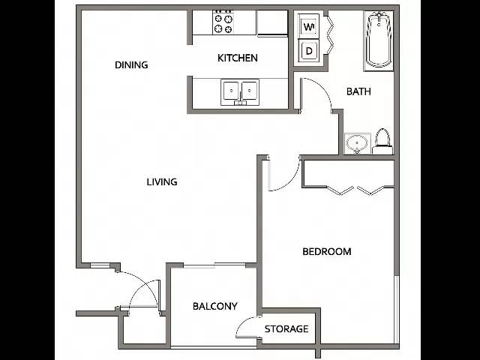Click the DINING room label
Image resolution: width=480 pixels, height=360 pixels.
[x=131, y=65]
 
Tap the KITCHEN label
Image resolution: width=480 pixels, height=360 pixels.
[x=238, y=58]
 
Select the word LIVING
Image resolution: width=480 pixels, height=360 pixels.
[x=162, y=181]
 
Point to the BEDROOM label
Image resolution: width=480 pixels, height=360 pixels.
[x=327, y=252]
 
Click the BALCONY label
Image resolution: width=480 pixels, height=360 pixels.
[x=215, y=306]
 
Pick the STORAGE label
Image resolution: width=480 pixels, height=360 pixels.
[x=286, y=328]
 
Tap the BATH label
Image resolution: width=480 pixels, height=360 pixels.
[x=358, y=91]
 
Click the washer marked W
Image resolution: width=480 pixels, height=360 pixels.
[x=309, y=27]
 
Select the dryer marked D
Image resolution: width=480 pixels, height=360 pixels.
[x=309, y=51]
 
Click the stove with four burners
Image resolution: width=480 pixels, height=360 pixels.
[x=223, y=22]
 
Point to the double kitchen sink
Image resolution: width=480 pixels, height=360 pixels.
[x=240, y=92]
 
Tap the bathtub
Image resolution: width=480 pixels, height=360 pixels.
[x=379, y=40]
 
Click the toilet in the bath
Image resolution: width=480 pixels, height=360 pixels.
[x=382, y=141]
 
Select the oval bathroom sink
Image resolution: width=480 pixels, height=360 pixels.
[x=357, y=143]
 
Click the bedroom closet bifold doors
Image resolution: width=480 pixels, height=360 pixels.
[x=355, y=190]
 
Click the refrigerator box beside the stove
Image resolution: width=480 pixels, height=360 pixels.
[x=272, y=23]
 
